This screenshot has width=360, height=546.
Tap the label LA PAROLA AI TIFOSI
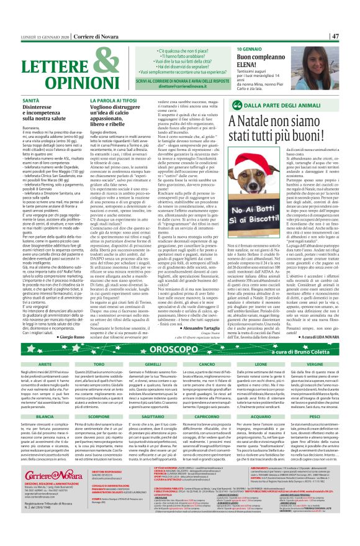(x=117, y=100)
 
